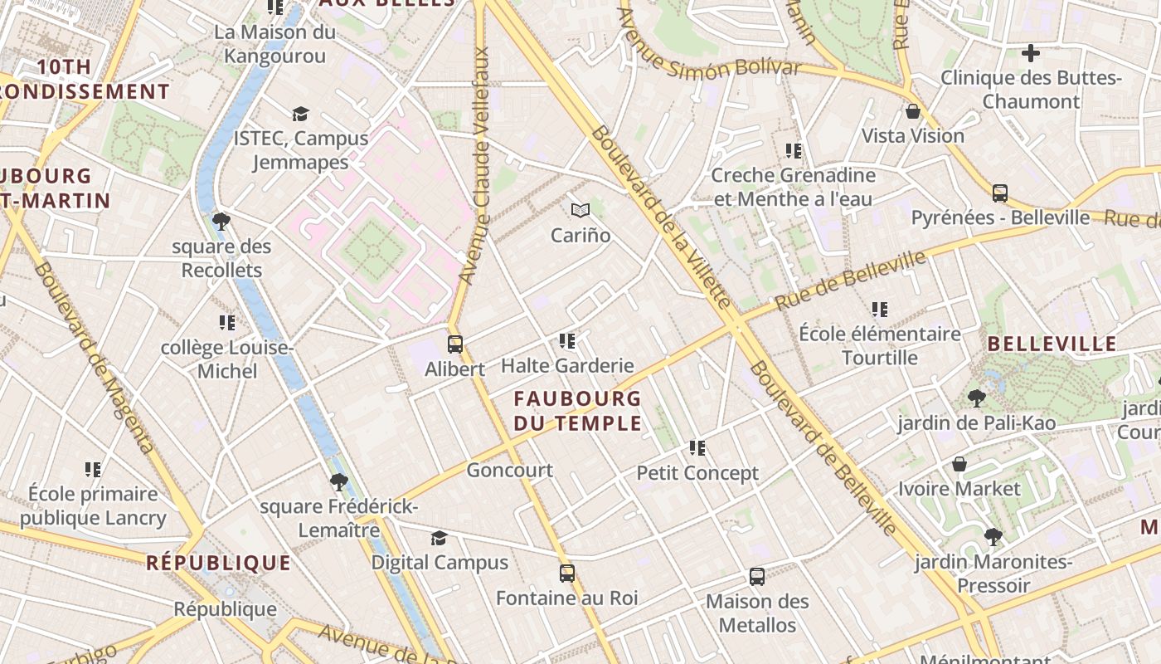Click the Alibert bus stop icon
[x=454, y=344]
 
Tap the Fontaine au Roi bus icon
[x=567, y=573]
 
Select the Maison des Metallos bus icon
[x=756, y=576]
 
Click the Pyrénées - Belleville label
[x=1000, y=217]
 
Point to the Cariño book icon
[x=580, y=211]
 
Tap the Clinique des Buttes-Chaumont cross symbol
[x=1030, y=54]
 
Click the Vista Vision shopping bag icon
[x=913, y=111]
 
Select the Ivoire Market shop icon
[x=959, y=464]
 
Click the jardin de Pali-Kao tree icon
[x=976, y=398]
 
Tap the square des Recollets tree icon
[x=221, y=221]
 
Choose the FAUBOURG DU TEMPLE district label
[x=578, y=411]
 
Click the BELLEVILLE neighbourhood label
[x=1052, y=344]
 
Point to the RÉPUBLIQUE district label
[x=219, y=563]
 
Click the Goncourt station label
[x=509, y=471]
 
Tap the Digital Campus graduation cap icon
[x=439, y=538]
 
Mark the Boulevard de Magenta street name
[x=95, y=358]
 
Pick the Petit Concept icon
[x=697, y=448]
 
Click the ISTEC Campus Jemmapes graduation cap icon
[x=300, y=114]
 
